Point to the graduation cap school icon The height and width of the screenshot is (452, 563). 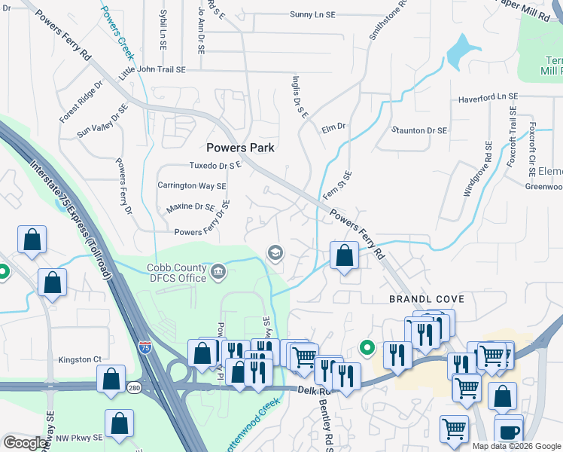(275, 252)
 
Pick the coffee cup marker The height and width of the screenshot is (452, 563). (509, 432)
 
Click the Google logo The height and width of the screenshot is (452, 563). (26, 443)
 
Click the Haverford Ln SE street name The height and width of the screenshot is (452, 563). (488, 97)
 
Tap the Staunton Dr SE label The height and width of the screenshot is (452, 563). (419, 130)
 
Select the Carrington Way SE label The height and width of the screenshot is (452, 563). (191, 185)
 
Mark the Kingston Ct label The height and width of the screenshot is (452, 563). (80, 359)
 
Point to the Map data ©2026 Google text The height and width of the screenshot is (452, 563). (516, 446)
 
